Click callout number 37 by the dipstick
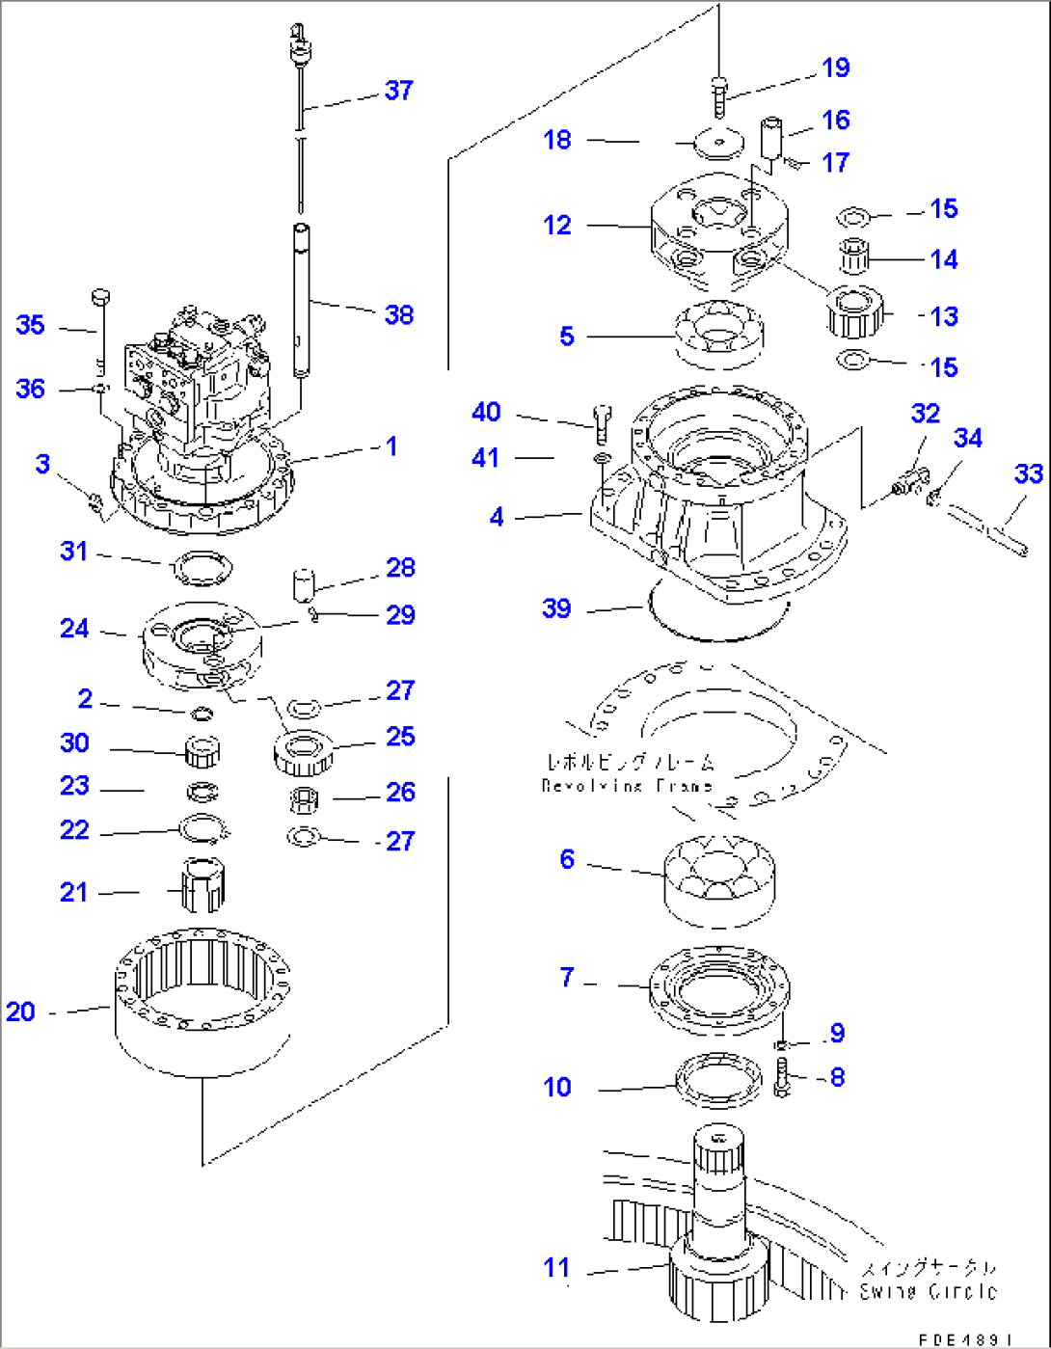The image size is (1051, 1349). (399, 91)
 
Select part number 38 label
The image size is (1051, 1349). (399, 314)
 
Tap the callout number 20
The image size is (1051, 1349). (20, 1012)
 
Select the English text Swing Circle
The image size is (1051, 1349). (928, 1291)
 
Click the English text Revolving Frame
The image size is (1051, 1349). (627, 786)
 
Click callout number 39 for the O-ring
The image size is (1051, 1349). (556, 608)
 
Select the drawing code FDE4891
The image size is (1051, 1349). (964, 1339)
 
